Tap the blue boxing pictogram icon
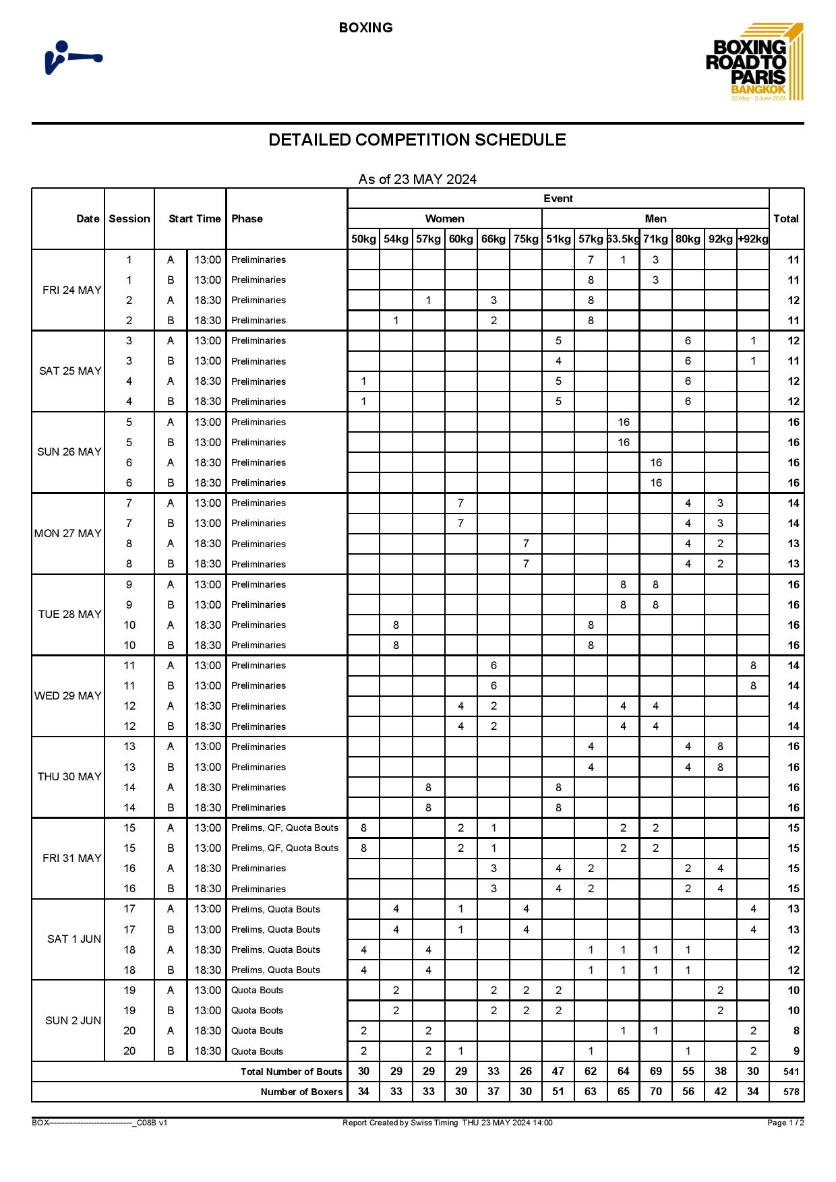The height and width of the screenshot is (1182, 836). click(73, 57)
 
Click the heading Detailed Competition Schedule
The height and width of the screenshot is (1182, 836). click(417, 139)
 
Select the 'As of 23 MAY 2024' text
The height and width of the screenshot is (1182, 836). click(417, 179)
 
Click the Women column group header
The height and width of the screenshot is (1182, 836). click(444, 218)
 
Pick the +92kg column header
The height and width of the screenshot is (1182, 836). click(752, 239)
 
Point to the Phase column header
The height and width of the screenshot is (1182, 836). click(247, 218)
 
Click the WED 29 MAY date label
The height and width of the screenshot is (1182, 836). click(68, 695)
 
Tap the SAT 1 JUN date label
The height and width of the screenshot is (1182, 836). click(73, 939)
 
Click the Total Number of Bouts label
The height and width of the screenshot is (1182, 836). click(291, 1071)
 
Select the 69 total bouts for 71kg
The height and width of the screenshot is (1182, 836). click(655, 1071)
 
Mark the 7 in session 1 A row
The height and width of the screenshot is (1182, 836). click(591, 259)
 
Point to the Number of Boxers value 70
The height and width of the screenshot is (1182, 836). click(655, 1091)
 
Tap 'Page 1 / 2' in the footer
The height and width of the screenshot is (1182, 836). click(785, 1123)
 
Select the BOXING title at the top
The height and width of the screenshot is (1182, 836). click(365, 28)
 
